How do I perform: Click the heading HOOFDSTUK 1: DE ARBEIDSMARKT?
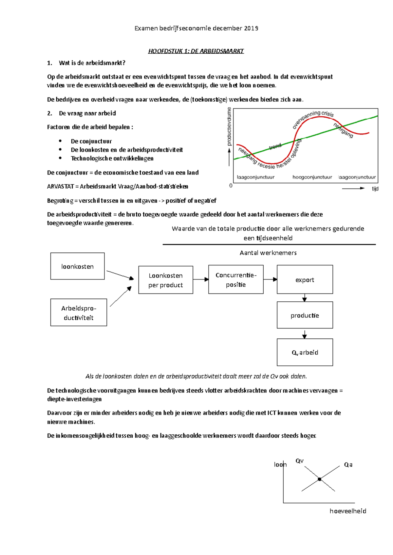[x=196, y=51]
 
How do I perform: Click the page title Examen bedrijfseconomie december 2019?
[x=196, y=28]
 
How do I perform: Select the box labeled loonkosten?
[x=77, y=266]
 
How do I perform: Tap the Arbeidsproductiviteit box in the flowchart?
[x=79, y=312]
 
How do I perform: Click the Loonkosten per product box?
[x=165, y=280]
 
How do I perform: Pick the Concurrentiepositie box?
[x=236, y=279]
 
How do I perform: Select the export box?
[x=305, y=279]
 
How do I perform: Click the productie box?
[x=305, y=315]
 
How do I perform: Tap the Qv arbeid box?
[x=305, y=352]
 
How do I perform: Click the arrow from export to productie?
[x=305, y=298]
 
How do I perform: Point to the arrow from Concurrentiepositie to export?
[x=271, y=279]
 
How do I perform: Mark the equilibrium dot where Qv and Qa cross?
[x=319, y=479]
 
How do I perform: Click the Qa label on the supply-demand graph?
[x=348, y=465]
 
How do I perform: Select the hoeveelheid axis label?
[x=348, y=511]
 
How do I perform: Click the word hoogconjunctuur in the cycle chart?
[x=312, y=177]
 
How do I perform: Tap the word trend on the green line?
[x=275, y=146]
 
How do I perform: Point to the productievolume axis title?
[x=229, y=126]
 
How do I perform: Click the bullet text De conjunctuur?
[x=91, y=141]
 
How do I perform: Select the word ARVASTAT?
[x=60, y=186]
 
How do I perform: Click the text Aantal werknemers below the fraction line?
[x=268, y=253]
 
